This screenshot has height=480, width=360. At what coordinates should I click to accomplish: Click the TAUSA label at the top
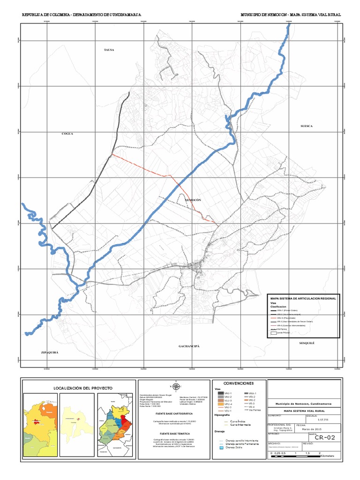[109, 49]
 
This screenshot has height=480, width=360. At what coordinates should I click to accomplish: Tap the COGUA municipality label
[68, 134]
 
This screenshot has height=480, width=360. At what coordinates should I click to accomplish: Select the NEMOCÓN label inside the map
[193, 200]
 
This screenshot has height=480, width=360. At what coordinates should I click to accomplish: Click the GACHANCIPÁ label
[189, 346]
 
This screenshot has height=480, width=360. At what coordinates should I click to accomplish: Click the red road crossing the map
[141, 166]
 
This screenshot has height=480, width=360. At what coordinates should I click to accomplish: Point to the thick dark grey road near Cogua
[89, 190]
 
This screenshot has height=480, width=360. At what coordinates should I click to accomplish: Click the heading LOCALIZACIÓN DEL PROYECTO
[78, 388]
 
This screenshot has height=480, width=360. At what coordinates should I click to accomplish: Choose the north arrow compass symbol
[176, 387]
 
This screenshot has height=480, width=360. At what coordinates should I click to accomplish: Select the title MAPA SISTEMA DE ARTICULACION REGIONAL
[303, 298]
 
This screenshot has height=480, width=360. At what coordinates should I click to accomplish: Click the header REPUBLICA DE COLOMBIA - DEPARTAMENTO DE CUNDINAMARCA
[82, 15]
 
